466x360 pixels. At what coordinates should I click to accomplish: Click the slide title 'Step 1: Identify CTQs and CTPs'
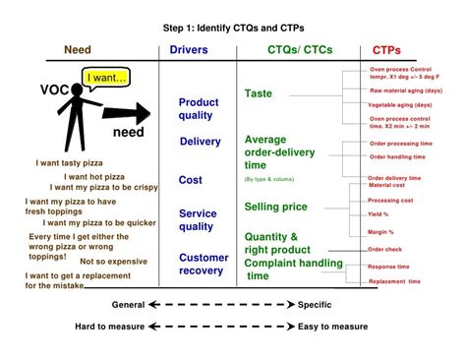pos(232,30)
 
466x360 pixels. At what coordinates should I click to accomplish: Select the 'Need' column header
pos(78,50)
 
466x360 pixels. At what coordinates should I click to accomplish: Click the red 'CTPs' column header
pos(386,50)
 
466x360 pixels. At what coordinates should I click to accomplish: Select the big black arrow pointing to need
pos(124,112)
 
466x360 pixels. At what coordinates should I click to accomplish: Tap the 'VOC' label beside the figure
pos(55,90)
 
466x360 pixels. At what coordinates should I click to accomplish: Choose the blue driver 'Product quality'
pos(198,109)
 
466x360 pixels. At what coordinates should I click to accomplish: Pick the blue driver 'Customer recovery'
pos(204,265)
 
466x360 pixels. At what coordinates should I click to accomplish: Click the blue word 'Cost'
pos(191,181)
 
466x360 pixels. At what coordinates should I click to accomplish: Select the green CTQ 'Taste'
pos(259,93)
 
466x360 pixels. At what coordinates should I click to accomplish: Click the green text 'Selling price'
pos(275,207)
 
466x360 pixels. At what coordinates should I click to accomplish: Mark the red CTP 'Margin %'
pos(381,232)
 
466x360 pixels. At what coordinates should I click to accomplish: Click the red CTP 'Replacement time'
pos(395,281)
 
